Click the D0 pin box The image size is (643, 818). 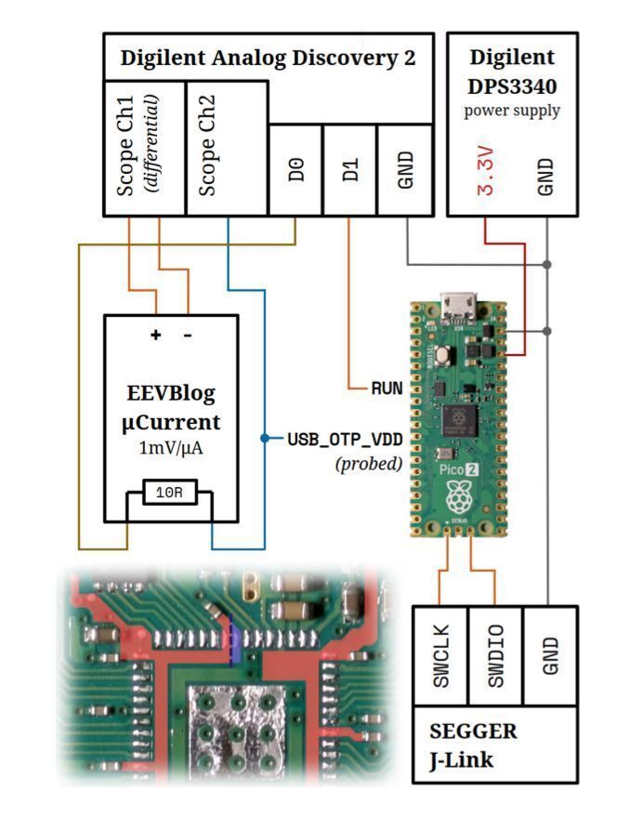click(x=295, y=170)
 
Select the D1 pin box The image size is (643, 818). click(x=349, y=170)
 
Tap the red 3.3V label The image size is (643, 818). click(x=485, y=171)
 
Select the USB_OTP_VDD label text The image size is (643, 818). click(x=343, y=438)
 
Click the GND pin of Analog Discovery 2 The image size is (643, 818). click(x=405, y=170)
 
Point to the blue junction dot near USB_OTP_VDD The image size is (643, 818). click(x=265, y=438)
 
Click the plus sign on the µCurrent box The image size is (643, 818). click(x=155, y=335)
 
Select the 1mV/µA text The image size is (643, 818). click(x=171, y=448)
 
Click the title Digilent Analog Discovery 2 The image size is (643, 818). click(x=268, y=58)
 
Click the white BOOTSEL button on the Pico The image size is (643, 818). click(x=444, y=354)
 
